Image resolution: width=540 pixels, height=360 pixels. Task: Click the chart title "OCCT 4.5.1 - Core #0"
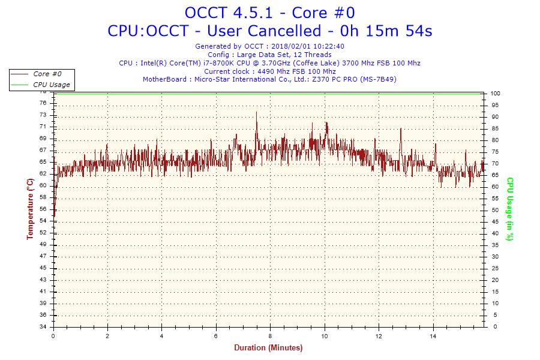[269, 13]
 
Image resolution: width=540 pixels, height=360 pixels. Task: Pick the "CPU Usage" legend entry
[51, 85]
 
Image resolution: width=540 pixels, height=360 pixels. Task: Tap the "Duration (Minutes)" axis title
[268, 348]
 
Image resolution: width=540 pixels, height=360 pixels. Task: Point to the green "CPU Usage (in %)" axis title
[509, 209]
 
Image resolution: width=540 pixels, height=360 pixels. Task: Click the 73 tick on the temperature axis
[43, 115]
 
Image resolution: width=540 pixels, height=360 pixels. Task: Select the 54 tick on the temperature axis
[43, 221]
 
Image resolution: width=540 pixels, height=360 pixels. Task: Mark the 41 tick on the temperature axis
[43, 292]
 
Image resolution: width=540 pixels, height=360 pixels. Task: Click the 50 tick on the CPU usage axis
[494, 210]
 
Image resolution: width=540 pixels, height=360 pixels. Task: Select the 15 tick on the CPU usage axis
[494, 292]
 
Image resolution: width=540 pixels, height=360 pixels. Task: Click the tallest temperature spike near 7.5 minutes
[256, 113]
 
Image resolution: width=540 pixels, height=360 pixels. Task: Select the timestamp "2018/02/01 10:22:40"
[308, 46]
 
